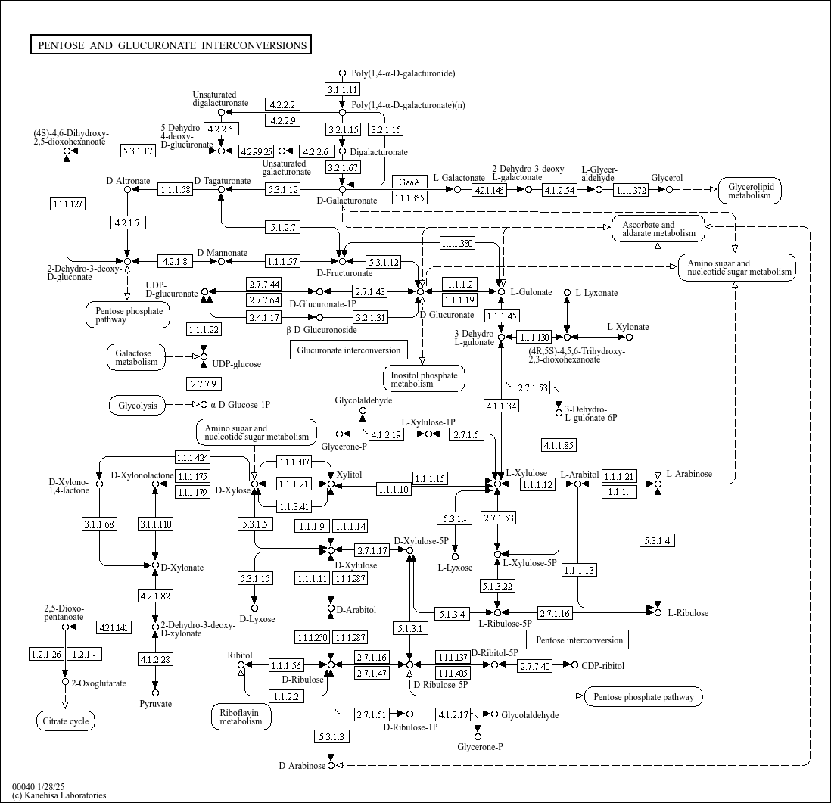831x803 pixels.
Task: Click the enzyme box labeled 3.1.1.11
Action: [342, 89]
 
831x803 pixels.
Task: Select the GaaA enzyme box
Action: [410, 182]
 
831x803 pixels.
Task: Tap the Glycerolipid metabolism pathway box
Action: [749, 190]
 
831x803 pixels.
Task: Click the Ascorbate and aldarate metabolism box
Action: [658, 229]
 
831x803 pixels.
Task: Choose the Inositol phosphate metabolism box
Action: [423, 378]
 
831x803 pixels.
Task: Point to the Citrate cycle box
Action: [69, 721]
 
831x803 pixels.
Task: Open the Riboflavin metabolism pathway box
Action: [241, 716]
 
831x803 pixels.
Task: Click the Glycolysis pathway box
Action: [138, 406]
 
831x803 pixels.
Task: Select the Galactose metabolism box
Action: [136, 357]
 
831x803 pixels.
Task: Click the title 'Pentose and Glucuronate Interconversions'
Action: [172, 45]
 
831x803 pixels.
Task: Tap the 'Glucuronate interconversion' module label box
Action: [349, 350]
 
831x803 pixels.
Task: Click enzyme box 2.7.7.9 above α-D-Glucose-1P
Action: [204, 384]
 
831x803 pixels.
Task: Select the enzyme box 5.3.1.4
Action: [658, 540]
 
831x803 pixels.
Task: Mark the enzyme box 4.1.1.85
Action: [559, 444]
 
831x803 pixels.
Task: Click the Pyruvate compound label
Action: [156, 704]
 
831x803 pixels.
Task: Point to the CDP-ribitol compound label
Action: [603, 666]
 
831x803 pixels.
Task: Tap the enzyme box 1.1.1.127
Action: [67, 204]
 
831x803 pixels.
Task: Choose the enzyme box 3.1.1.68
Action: [100, 524]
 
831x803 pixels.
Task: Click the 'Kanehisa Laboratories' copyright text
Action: [59, 795]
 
